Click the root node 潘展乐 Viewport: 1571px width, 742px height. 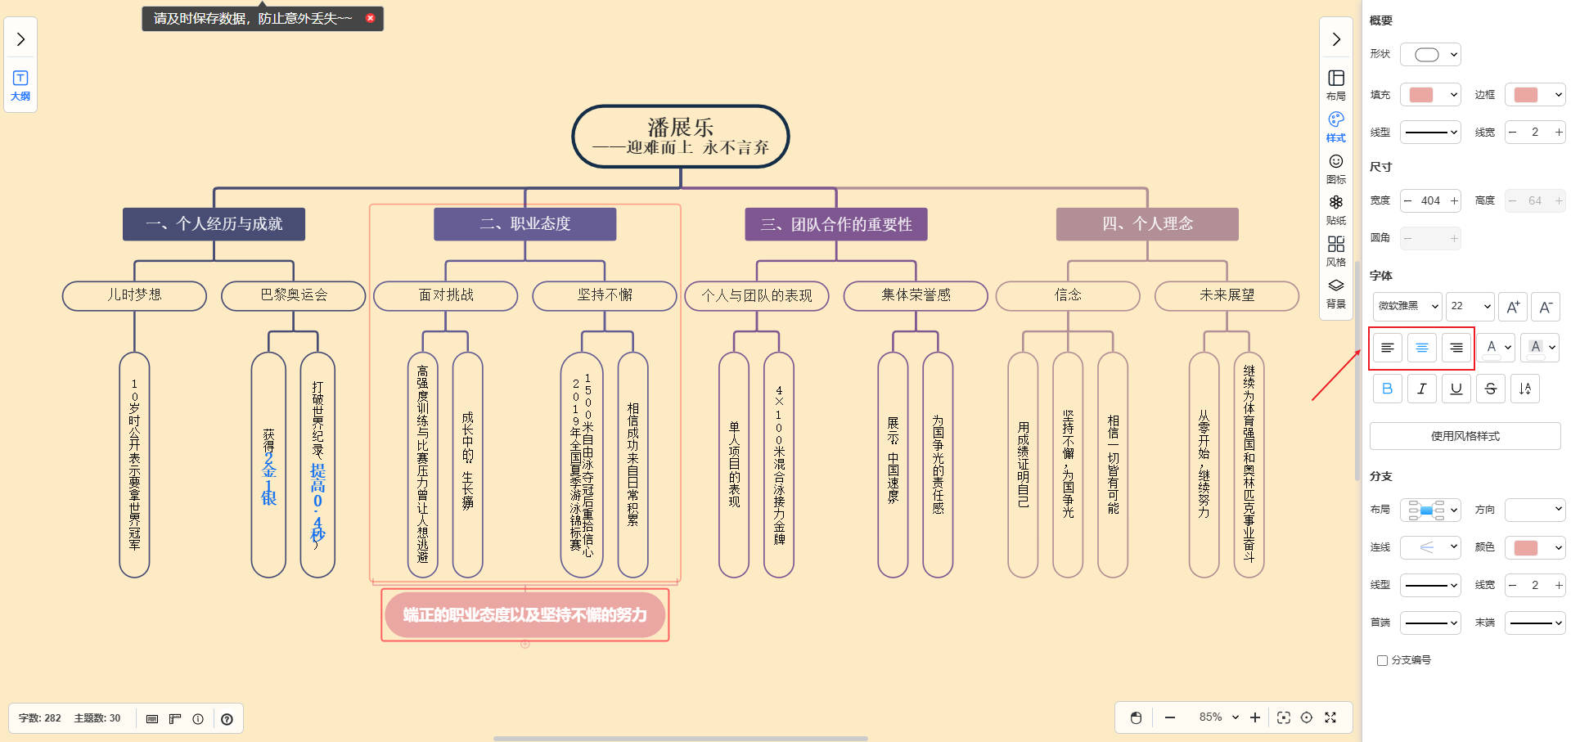point(680,137)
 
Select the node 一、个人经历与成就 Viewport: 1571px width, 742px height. point(214,224)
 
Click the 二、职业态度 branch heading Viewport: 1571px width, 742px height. point(524,224)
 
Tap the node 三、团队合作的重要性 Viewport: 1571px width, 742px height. point(835,224)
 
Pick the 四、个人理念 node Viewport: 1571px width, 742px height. point(1147,224)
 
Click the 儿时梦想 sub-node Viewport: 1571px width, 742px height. point(134,295)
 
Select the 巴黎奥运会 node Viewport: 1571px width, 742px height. point(293,295)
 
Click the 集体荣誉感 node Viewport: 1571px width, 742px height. point(915,295)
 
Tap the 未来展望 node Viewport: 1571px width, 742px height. point(1226,295)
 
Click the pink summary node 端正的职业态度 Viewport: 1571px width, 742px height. point(524,614)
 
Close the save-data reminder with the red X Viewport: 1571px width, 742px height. point(370,18)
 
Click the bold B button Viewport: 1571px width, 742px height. point(1387,389)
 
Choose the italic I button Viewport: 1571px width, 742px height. point(1421,389)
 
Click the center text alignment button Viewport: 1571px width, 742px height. point(1421,348)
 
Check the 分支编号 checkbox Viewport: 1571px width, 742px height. point(1382,660)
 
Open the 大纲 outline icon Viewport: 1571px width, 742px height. point(20,84)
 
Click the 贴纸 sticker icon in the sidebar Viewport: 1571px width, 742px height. point(1335,209)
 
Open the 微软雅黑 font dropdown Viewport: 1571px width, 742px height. point(1407,306)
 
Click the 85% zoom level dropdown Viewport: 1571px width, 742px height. point(1218,717)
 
